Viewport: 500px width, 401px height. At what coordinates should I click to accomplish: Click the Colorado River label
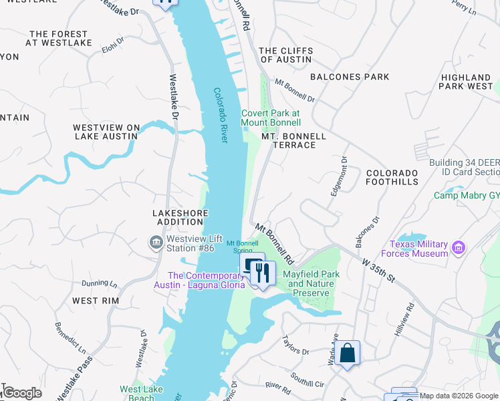coord(221,115)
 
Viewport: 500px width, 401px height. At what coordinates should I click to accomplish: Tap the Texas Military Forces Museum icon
coord(459,248)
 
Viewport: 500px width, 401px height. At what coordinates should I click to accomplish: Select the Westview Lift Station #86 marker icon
coord(156,241)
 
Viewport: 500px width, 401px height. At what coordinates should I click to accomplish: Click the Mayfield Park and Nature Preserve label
coord(311,283)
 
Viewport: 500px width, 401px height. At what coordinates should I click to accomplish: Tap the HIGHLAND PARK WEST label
coord(467,82)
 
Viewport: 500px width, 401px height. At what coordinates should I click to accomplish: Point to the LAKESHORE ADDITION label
coord(178,217)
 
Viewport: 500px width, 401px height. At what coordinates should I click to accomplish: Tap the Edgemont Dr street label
coord(338,176)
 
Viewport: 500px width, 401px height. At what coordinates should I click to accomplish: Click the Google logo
coord(21,393)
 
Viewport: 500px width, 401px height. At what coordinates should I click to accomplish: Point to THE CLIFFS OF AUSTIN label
coord(285,55)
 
